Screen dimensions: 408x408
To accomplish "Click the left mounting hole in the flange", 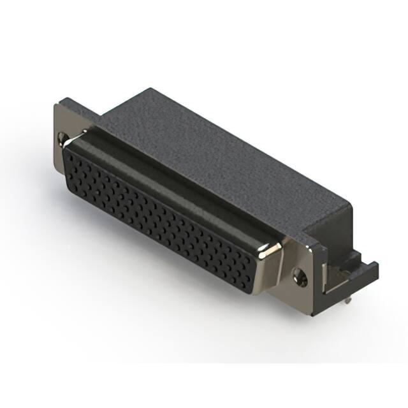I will coord(62,136).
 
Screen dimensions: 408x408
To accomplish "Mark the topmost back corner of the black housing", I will coord(150,89).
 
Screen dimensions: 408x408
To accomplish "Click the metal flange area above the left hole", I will coord(61,118).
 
